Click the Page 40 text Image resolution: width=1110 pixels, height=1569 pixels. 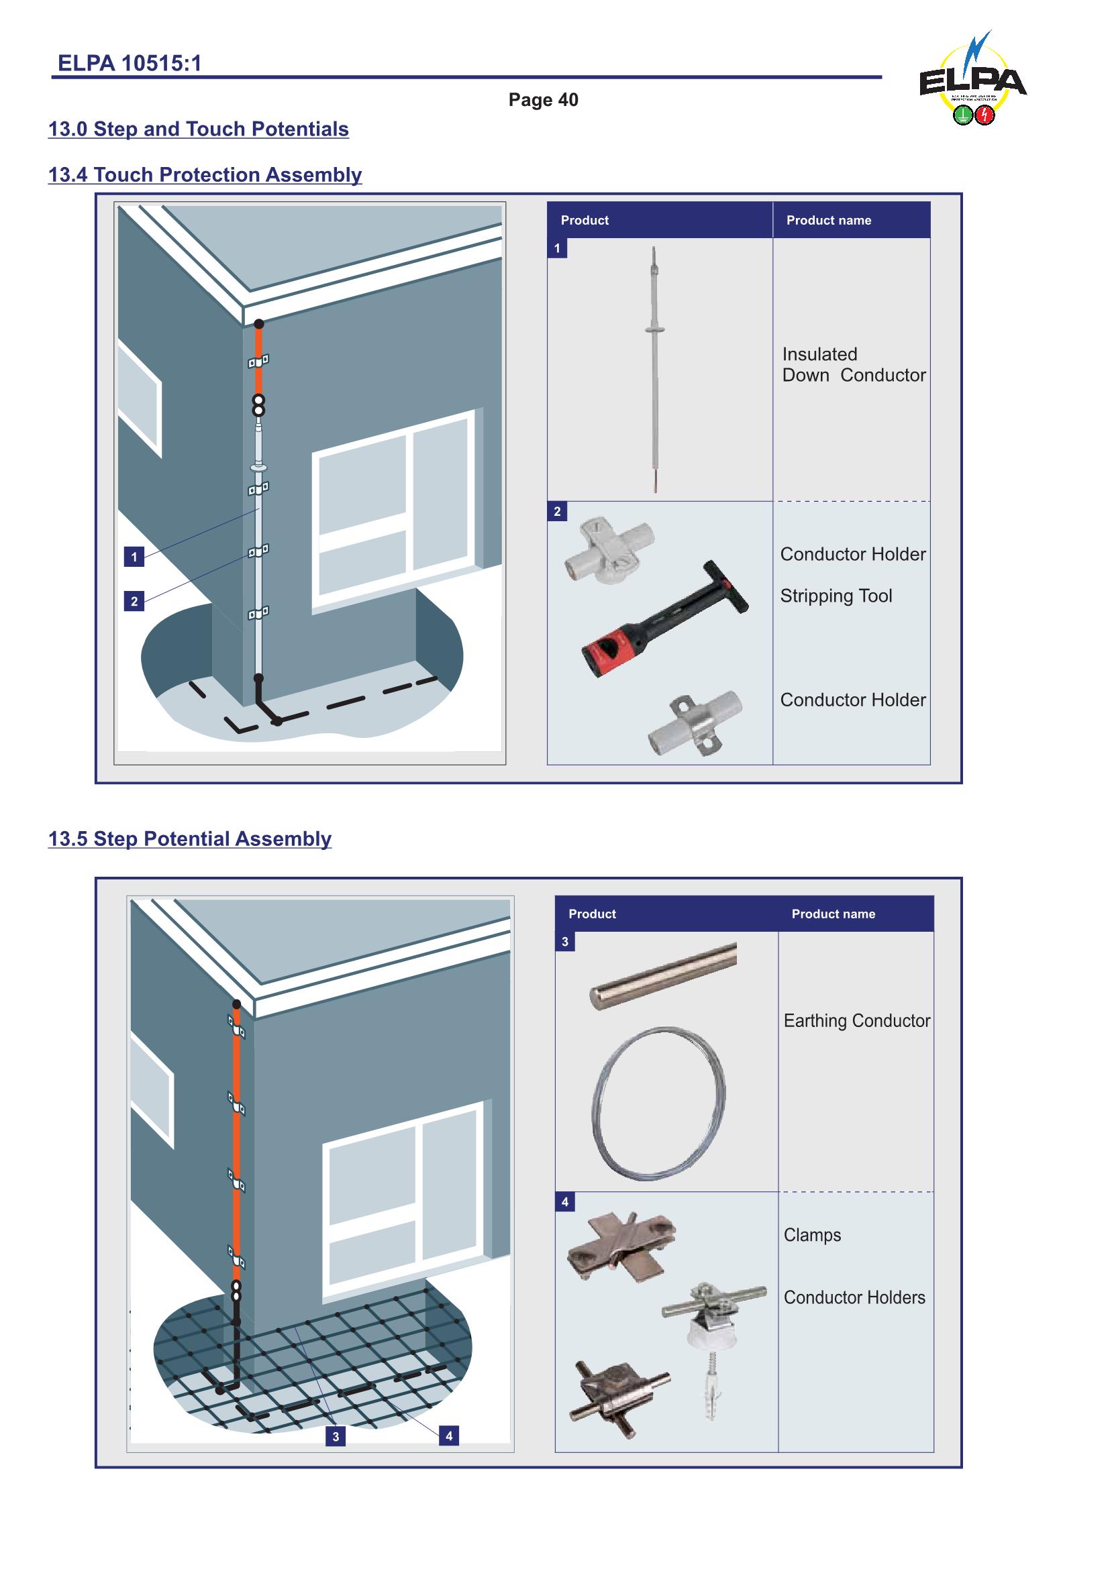pyautogui.click(x=543, y=100)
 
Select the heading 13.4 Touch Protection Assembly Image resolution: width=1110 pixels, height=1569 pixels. pyautogui.click(x=205, y=175)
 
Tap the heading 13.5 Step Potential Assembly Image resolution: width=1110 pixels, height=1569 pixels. pyautogui.click(x=189, y=838)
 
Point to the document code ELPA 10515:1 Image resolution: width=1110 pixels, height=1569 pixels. pyautogui.click(x=129, y=64)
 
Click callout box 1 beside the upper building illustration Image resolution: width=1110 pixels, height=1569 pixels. pyautogui.click(x=134, y=557)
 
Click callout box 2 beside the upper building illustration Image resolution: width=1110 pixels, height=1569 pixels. pyautogui.click(x=134, y=601)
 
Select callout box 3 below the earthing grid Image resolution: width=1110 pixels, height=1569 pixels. pyautogui.click(x=335, y=1436)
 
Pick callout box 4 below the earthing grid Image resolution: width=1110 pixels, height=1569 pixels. pyautogui.click(x=448, y=1436)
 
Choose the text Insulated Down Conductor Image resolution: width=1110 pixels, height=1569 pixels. pyautogui.click(x=853, y=365)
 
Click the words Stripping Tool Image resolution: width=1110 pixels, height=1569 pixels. pyautogui.click(x=836, y=596)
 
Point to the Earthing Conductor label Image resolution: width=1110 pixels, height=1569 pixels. pyautogui.click(x=856, y=1021)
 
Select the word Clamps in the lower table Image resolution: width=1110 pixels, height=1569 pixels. pyautogui.click(x=812, y=1235)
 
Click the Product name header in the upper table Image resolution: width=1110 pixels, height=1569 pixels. pyautogui.click(x=828, y=220)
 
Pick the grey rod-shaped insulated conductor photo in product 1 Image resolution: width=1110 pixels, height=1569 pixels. pyautogui.click(x=655, y=369)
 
